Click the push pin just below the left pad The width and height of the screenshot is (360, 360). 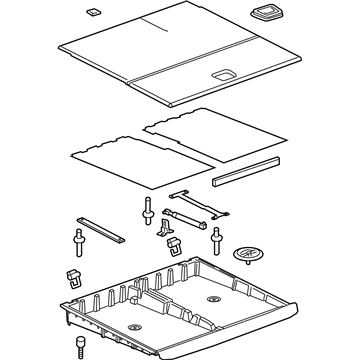click(148, 211)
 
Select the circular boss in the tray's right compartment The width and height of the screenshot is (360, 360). click(212, 299)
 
